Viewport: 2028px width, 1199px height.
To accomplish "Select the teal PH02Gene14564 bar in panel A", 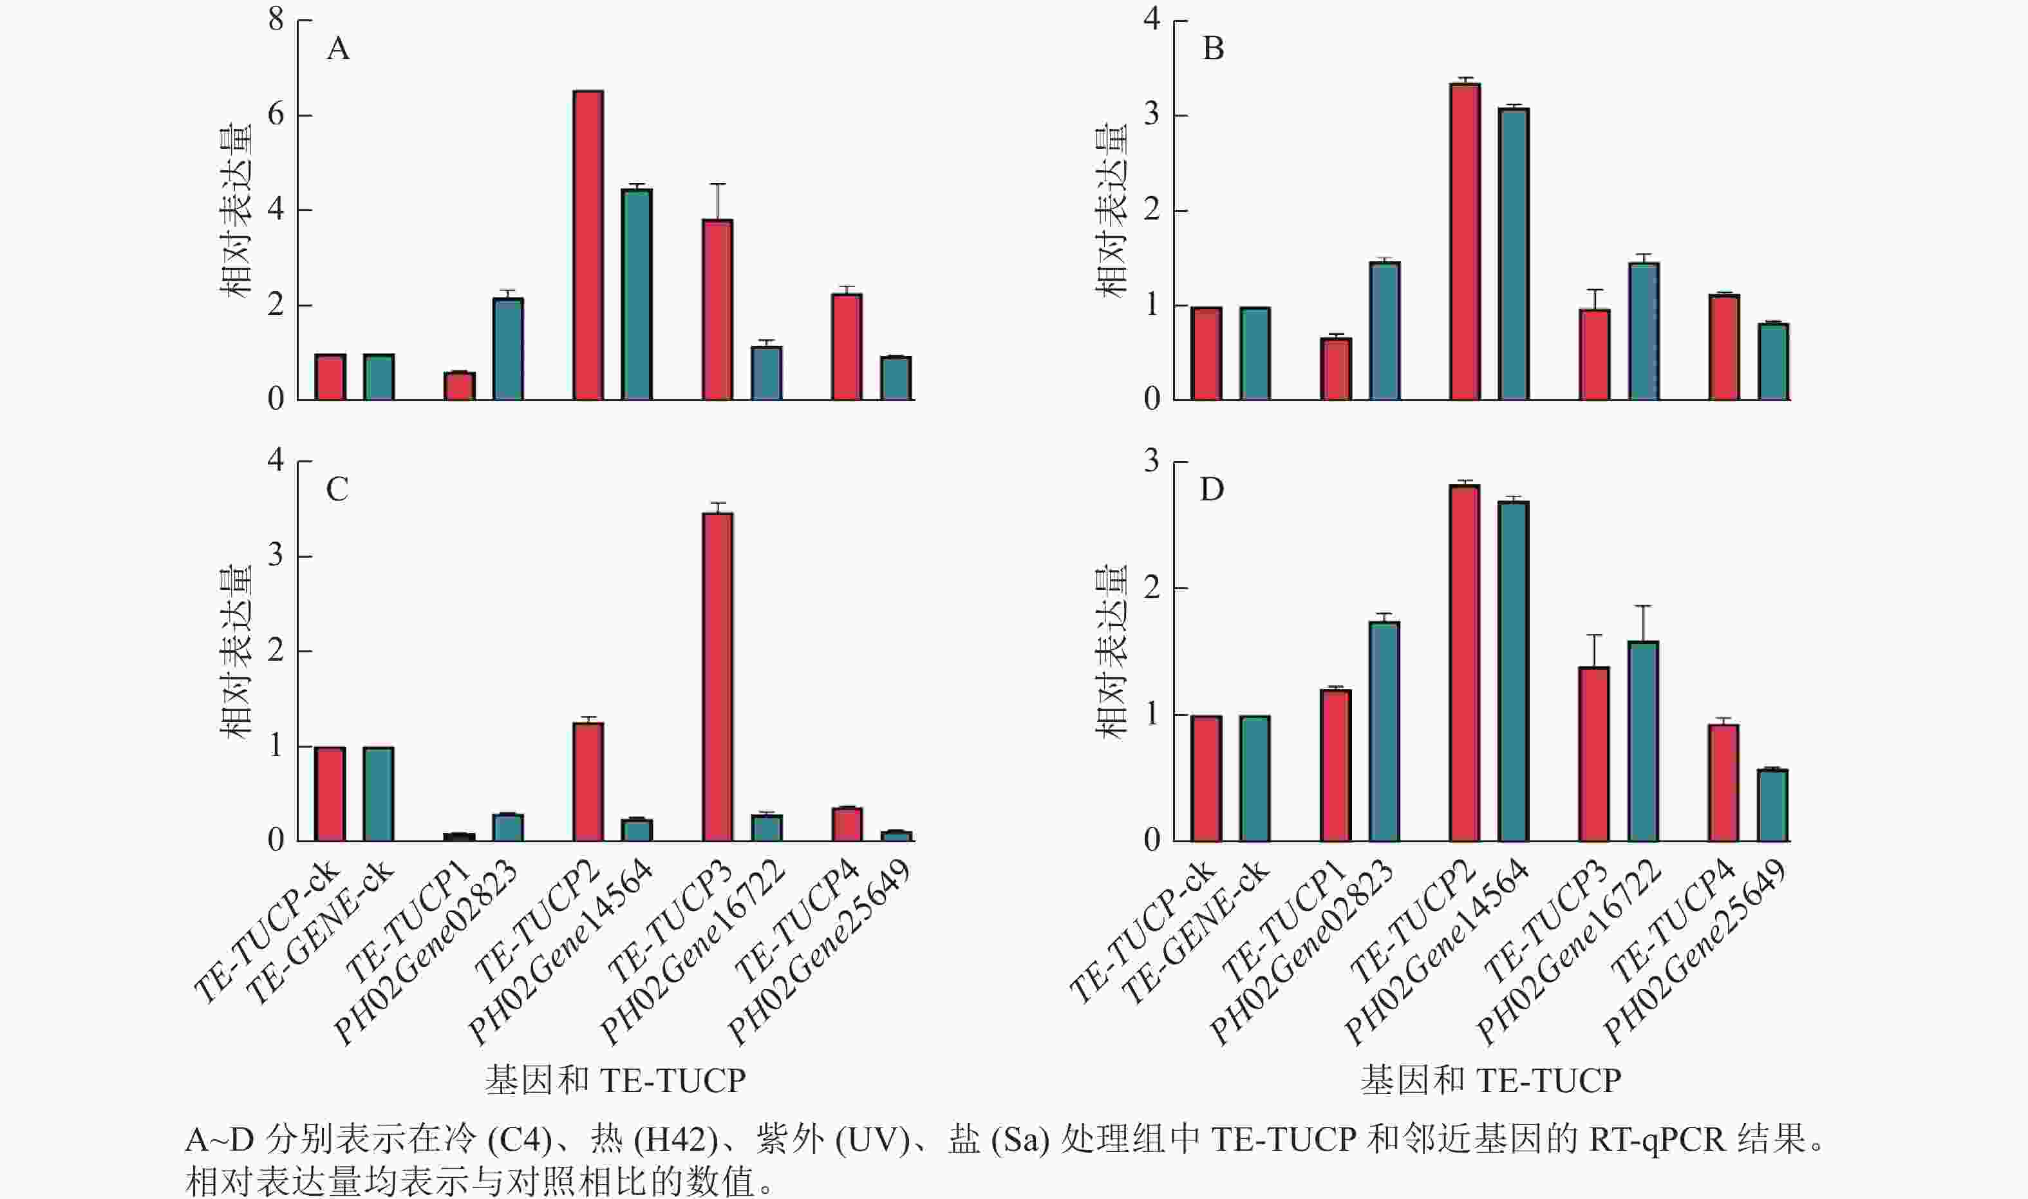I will pyautogui.click(x=637, y=294).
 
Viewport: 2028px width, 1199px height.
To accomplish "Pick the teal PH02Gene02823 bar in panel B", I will pyautogui.click(x=1384, y=330).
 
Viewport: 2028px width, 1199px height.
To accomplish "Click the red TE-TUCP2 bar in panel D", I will pyautogui.click(x=1464, y=663).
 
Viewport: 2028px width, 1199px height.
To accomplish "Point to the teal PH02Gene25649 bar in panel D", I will pyautogui.click(x=1773, y=806).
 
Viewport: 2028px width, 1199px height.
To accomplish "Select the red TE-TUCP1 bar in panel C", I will pyautogui.click(x=459, y=837).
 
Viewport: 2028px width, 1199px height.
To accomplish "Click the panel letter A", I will pyautogui.click(x=337, y=50).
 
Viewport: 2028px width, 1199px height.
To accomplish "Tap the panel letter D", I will pyautogui.click(x=1212, y=489).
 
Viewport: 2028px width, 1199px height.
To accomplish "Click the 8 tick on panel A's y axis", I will pyautogui.click(x=276, y=19).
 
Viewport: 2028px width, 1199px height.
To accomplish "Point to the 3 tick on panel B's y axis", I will pyautogui.click(x=1152, y=115).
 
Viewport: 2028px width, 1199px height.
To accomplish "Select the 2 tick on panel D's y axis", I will pyautogui.click(x=1152, y=588).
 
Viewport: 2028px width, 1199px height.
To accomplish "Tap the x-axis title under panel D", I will pyautogui.click(x=1490, y=1081).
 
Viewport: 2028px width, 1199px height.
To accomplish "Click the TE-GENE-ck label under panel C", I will pyautogui.click(x=319, y=933).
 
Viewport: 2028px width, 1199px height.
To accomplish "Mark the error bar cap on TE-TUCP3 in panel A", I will pyautogui.click(x=717, y=184).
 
